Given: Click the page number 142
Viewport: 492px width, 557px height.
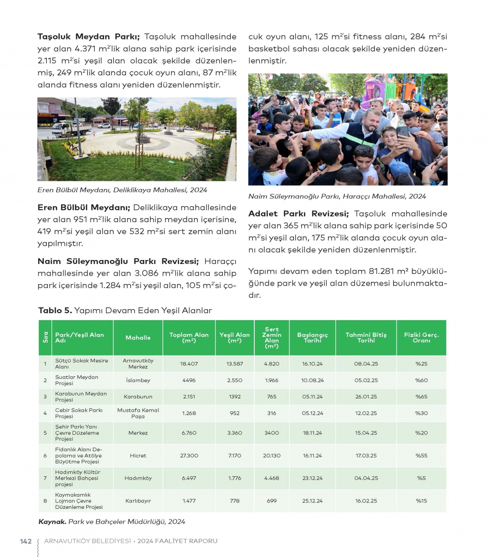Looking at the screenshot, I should [26, 541].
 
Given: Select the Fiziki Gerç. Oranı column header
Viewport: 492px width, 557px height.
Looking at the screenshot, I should [421, 337].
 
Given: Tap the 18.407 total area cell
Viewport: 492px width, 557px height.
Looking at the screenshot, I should [189, 363].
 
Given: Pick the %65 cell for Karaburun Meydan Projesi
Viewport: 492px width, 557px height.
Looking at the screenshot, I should [421, 396].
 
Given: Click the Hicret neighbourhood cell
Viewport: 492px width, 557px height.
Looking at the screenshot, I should [138, 456].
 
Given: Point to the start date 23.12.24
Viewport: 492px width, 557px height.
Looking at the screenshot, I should [312, 478].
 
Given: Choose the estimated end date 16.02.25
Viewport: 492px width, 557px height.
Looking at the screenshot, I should [366, 500].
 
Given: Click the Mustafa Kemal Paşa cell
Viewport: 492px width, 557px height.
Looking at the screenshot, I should [138, 413].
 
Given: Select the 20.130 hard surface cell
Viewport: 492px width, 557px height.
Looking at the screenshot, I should [272, 456].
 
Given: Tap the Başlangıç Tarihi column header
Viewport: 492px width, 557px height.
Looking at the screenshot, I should [312, 337].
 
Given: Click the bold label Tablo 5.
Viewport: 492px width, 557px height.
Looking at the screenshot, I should [55, 310].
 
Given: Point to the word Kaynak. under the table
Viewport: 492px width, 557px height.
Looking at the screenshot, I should [52, 521].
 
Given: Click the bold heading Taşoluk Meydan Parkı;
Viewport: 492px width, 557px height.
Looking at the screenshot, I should [89, 36].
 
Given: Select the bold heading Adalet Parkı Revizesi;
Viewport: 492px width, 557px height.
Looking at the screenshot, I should [299, 214].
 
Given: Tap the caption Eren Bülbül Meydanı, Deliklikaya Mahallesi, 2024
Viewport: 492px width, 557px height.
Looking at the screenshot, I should [122, 190].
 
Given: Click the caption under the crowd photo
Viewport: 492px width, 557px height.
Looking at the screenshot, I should [337, 196].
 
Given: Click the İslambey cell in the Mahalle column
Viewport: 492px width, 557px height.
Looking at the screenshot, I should [138, 380].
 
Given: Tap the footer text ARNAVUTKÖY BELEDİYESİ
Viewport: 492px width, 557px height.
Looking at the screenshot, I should [88, 541].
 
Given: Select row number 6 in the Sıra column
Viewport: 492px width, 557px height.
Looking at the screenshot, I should [45, 456].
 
